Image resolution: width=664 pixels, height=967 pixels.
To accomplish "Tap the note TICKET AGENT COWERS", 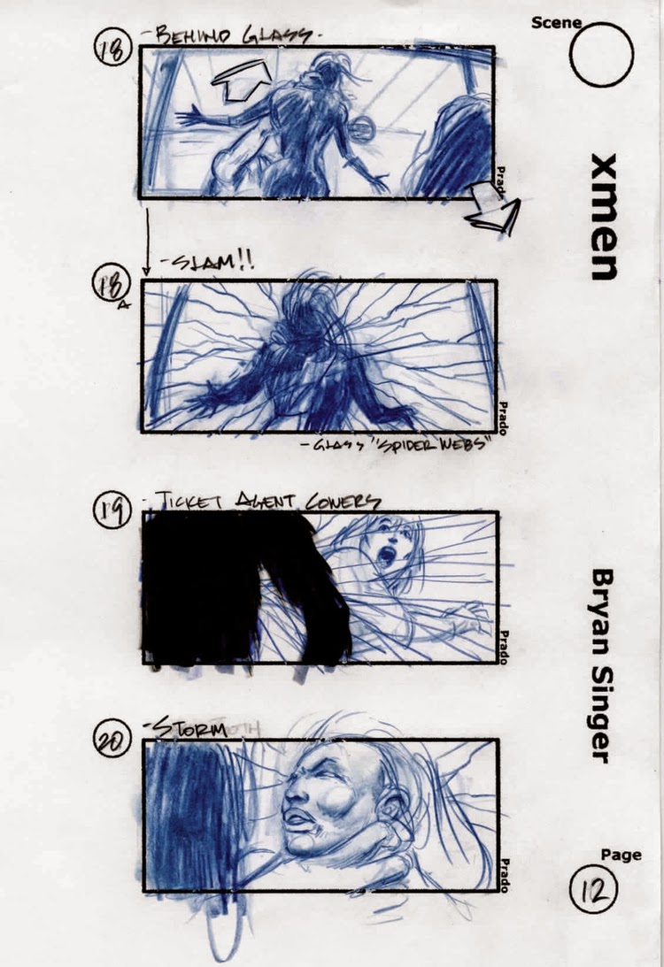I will [266, 501].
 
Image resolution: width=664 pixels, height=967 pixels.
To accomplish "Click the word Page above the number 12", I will [621, 855].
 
